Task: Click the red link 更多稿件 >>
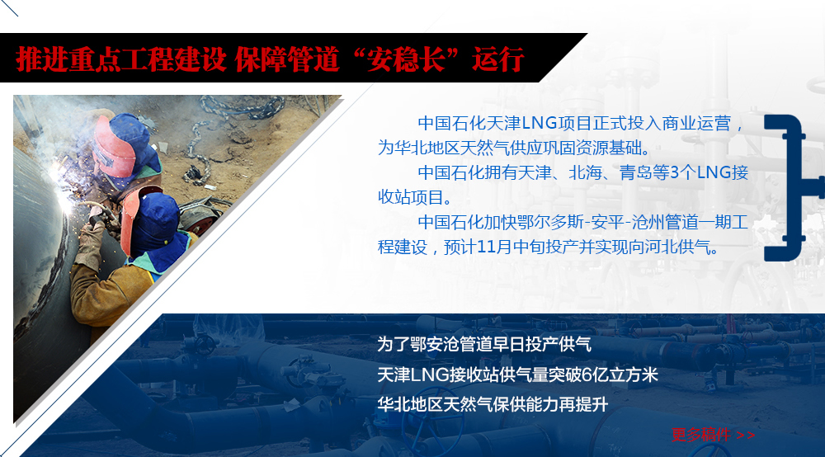coord(713,435)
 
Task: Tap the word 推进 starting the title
coord(42,59)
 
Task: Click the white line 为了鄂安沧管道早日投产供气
coord(484,345)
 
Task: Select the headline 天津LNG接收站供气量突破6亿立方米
coord(518,375)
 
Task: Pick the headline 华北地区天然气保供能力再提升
coord(493,404)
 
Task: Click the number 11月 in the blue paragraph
coord(488,247)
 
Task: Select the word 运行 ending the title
coord(497,59)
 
